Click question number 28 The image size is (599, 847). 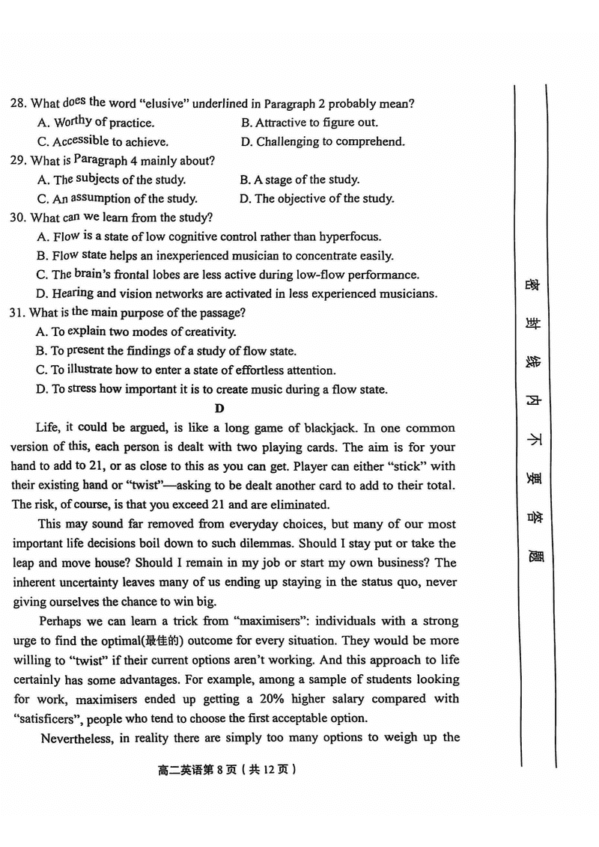click(18, 103)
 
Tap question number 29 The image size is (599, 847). click(18, 160)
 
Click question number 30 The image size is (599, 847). click(18, 218)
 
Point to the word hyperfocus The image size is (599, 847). click(350, 236)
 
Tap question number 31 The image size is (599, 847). click(18, 313)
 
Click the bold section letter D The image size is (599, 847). click(219, 409)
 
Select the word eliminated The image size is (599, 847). click(294, 504)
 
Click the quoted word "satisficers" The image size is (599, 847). click(46, 718)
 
